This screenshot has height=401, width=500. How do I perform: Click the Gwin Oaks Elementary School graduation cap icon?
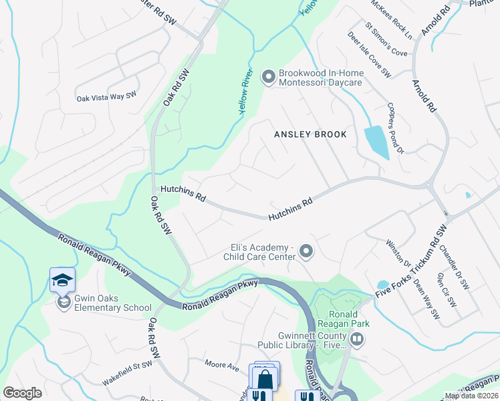tap(62, 279)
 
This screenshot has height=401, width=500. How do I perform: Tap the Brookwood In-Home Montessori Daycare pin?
tap(268, 78)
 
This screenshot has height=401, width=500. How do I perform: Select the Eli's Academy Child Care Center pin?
tap(306, 251)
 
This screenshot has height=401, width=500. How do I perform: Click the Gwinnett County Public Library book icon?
tap(358, 340)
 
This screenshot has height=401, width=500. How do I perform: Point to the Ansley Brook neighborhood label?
tap(311, 134)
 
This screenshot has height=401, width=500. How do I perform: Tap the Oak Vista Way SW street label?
tap(106, 97)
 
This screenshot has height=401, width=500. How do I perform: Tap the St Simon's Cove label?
tap(386, 41)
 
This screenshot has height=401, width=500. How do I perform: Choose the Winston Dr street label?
tap(394, 251)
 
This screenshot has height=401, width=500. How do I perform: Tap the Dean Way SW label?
tap(426, 299)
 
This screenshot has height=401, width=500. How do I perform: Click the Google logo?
tap(23, 394)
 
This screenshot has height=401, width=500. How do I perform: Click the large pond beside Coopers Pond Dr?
tap(376, 142)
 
